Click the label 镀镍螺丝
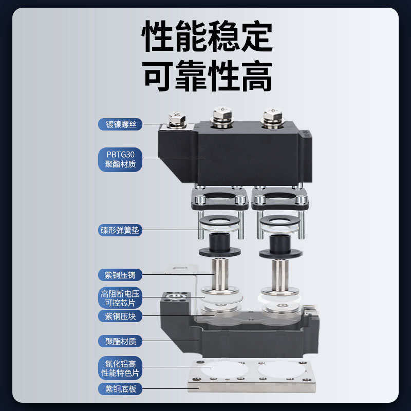point(120,124)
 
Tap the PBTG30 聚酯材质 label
point(120,159)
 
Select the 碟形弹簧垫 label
point(120,230)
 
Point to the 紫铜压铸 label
point(120,274)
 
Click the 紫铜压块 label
point(120,316)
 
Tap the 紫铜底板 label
point(120,388)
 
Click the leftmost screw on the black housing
point(177,119)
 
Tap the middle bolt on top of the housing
point(221,116)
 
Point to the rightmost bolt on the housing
point(271,117)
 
